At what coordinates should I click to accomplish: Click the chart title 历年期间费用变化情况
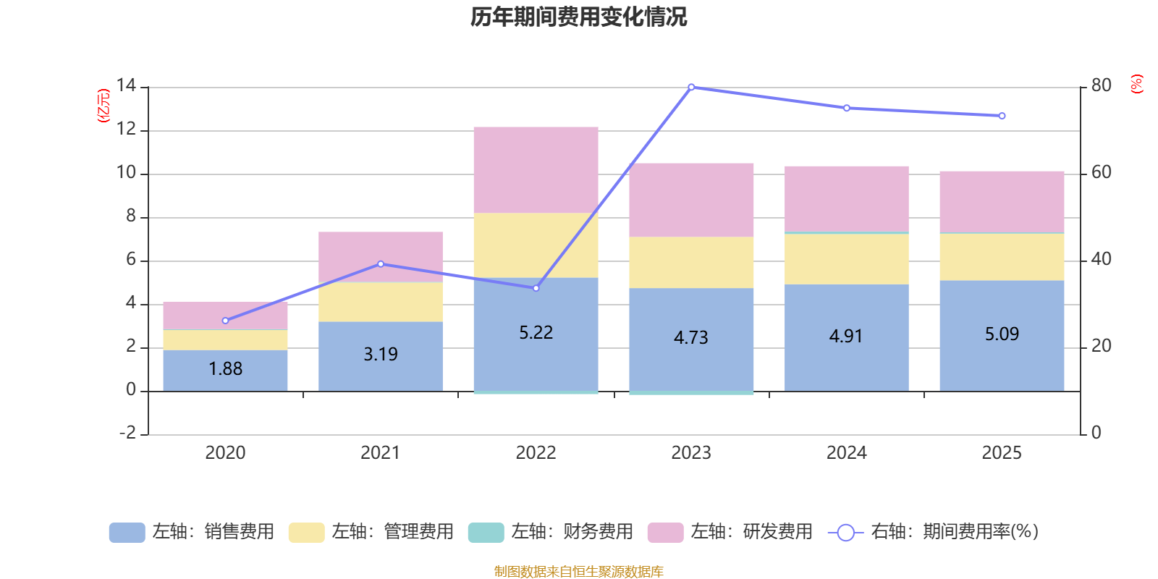click(578, 17)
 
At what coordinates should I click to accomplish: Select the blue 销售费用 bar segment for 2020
click(225, 371)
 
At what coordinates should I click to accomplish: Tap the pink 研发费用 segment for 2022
click(536, 170)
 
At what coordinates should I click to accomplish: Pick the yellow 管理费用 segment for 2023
click(691, 263)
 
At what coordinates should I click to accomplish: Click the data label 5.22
click(536, 332)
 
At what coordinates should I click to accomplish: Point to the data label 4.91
click(846, 337)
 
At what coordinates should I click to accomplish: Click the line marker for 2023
click(692, 88)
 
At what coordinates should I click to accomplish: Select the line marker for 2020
click(225, 321)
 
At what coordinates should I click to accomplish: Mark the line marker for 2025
click(1002, 116)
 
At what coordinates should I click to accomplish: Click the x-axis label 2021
click(381, 453)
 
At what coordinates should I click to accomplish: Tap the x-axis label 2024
click(846, 453)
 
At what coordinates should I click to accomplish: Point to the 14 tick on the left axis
click(126, 85)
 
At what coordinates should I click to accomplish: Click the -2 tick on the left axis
click(127, 432)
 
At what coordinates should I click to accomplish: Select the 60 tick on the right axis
click(1102, 172)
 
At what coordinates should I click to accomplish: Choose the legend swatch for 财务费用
click(486, 533)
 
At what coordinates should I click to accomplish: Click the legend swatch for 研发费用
click(665, 533)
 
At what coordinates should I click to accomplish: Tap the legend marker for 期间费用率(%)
click(846, 533)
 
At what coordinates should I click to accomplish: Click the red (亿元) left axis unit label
click(103, 106)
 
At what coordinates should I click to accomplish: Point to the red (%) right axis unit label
click(1136, 84)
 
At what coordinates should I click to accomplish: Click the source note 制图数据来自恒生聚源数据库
click(578, 571)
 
